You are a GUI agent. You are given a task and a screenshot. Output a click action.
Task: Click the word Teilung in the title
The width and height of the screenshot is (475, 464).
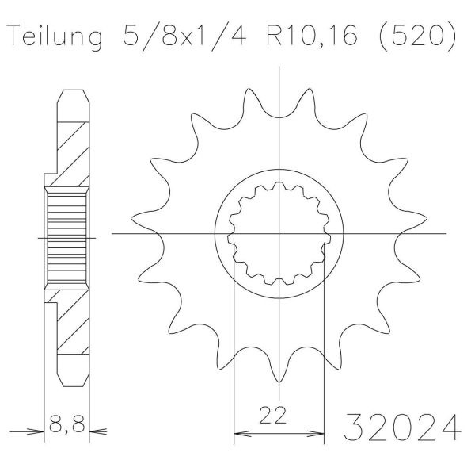coord(55,36)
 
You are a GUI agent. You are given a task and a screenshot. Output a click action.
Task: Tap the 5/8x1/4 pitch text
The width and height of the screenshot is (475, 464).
coord(184,35)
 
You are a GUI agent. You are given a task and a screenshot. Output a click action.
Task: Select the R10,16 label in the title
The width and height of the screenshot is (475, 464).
coord(312,36)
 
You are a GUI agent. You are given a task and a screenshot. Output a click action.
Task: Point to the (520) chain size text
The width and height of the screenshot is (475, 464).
coord(417,36)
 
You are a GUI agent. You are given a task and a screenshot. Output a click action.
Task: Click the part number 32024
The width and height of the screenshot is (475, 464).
coord(403,428)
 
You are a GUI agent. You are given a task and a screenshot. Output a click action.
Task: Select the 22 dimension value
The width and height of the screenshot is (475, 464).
coord(273,415)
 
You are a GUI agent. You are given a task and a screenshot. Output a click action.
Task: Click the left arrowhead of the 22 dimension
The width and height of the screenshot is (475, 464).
coord(242,433)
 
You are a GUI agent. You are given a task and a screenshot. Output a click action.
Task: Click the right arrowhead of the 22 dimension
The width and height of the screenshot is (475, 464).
coord(316,433)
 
